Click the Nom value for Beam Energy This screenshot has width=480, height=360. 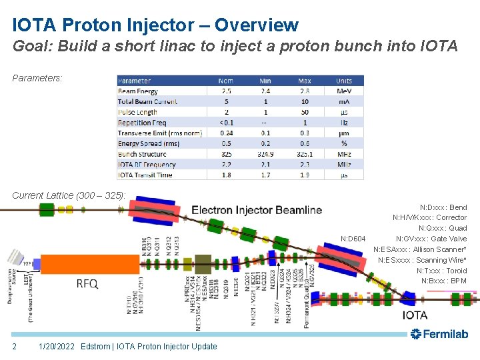click(227, 91)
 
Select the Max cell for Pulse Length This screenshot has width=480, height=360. click(305, 112)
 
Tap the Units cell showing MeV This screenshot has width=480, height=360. click(344, 91)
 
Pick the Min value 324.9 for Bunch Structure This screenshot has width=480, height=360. click(265, 154)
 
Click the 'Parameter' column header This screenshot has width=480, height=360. click(135, 81)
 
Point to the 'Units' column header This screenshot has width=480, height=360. click(344, 81)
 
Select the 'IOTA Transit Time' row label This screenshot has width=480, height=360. click(145, 175)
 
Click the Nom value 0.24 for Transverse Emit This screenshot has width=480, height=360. click(227, 133)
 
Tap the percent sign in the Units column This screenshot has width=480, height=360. click(344, 143)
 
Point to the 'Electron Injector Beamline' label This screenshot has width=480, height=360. click(257, 210)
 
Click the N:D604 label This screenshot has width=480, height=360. click(353, 239)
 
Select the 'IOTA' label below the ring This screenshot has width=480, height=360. click(415, 315)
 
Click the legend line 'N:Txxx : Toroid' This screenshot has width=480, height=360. click(441, 271)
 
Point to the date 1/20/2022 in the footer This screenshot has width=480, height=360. click(57, 346)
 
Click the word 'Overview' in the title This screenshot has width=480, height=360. click(256, 25)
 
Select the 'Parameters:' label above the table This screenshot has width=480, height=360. click(37, 78)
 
